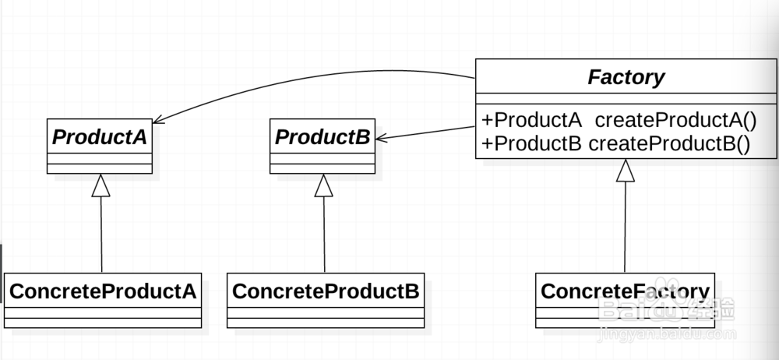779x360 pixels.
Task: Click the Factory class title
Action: coord(626,78)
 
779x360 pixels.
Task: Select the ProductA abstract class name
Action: coord(100,137)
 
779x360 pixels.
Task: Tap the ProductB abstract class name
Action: coord(323,137)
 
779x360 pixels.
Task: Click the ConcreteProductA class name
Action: coord(102,291)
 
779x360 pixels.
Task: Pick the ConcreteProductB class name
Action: coord(326,291)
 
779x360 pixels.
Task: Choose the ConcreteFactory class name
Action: coord(625,291)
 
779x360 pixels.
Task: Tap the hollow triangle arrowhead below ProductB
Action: coord(324,185)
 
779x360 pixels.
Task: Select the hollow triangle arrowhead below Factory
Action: coord(626,170)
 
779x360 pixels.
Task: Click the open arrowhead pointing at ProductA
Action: coord(159,120)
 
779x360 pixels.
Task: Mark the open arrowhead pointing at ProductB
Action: coord(381,138)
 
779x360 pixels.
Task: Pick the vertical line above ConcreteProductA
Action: coord(101,234)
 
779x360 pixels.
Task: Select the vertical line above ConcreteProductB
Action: coord(324,234)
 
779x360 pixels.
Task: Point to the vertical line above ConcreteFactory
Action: coord(626,226)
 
